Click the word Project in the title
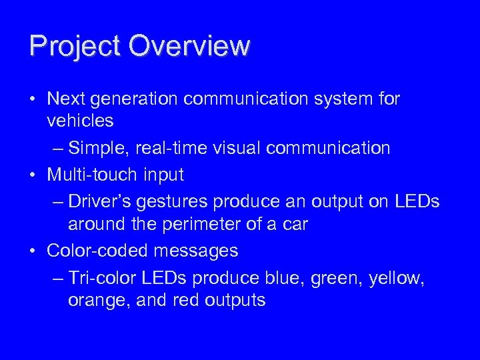pyautogui.click(x=75, y=46)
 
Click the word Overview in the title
pyautogui.click(x=189, y=46)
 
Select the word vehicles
pyautogui.click(x=81, y=121)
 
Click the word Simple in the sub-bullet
pyautogui.click(x=99, y=148)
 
